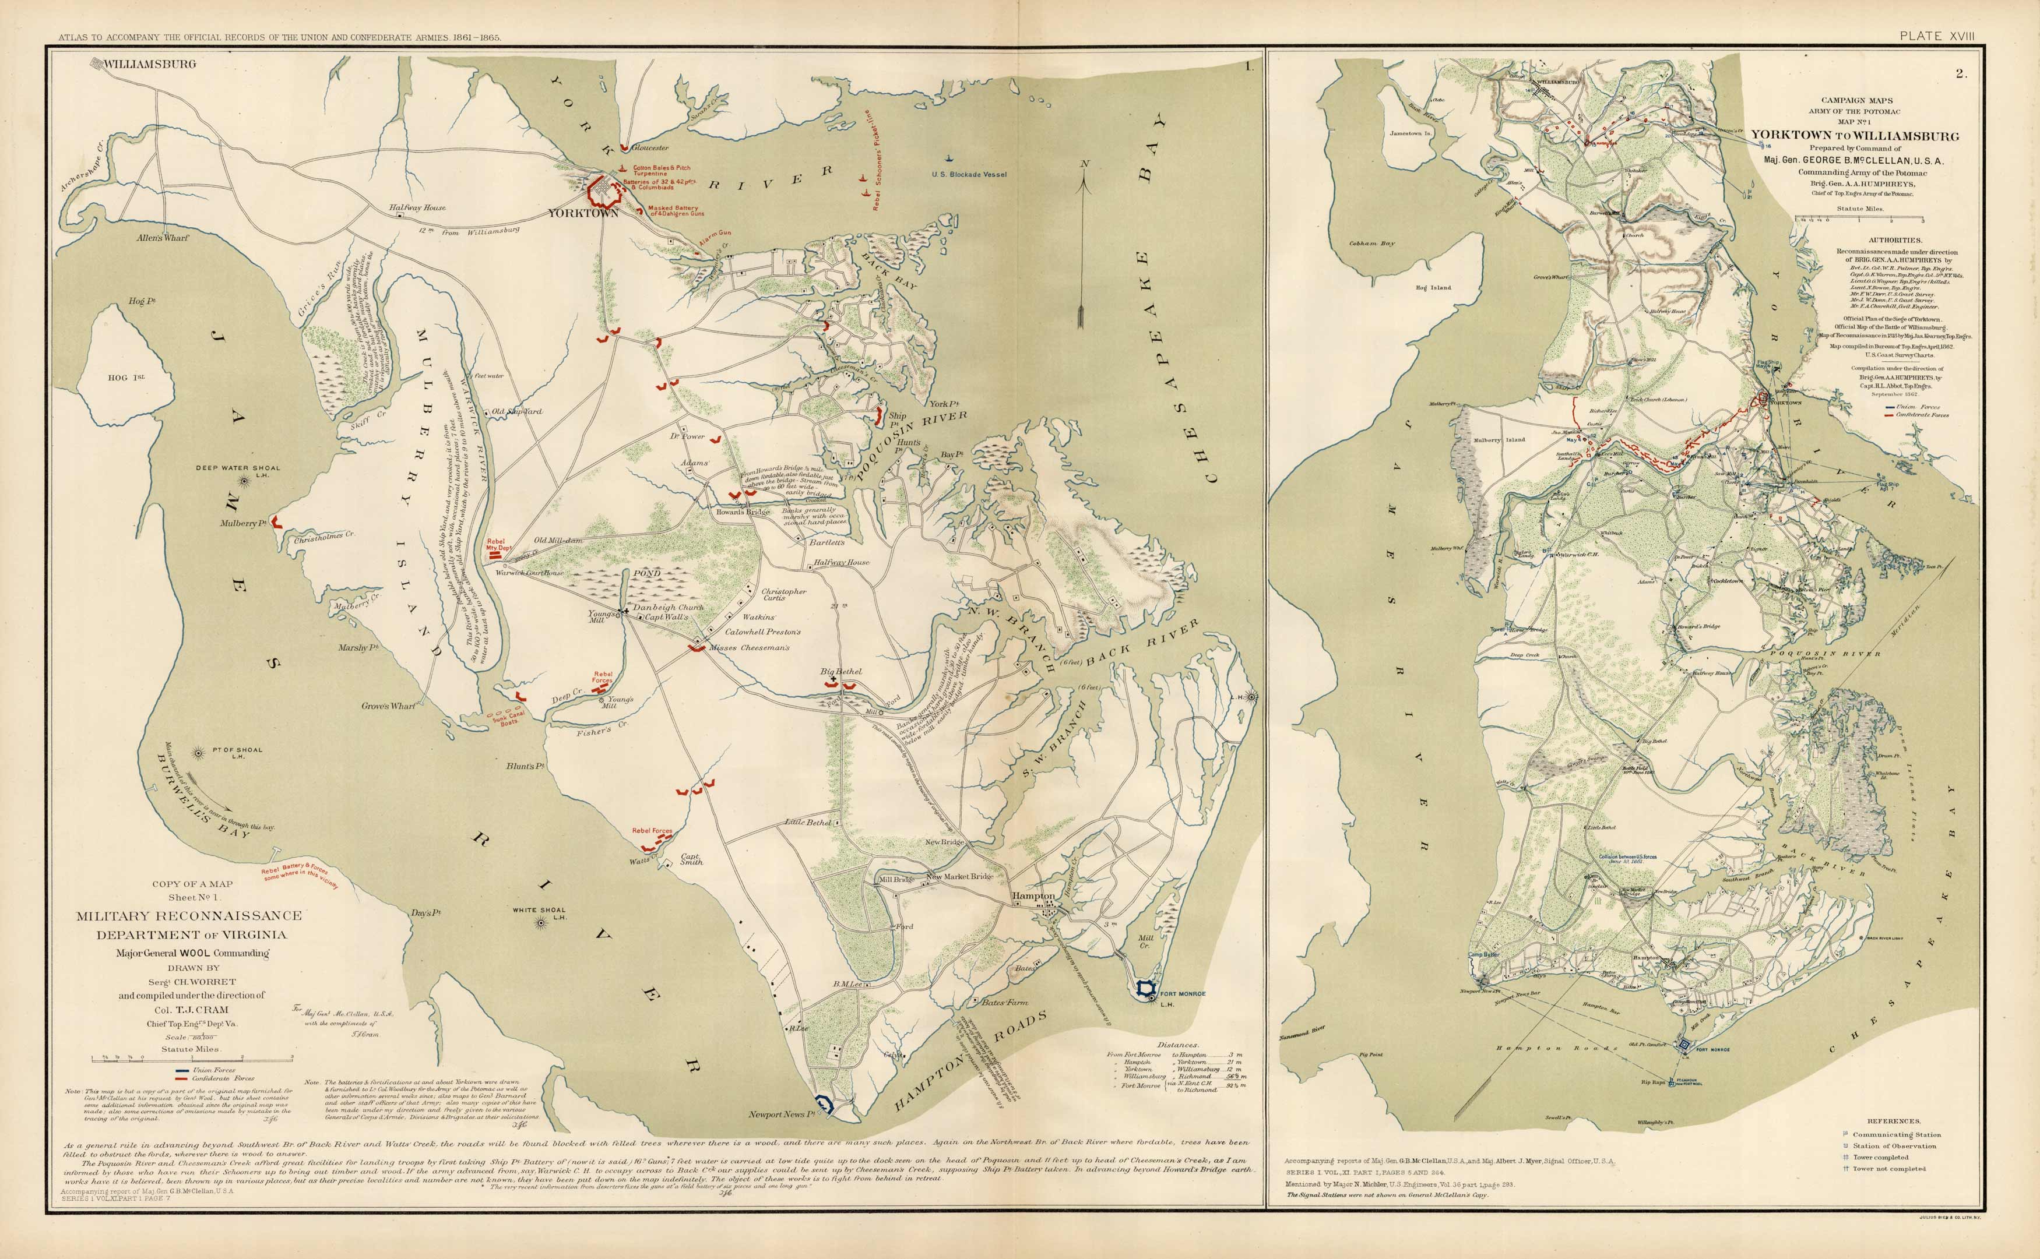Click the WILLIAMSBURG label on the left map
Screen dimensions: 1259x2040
(150, 64)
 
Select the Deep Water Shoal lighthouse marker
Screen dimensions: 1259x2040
(243, 481)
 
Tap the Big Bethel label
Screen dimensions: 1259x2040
(840, 671)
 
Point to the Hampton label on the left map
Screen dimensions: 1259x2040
(1033, 896)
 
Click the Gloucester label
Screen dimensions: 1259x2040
(650, 147)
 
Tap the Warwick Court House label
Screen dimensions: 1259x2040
(530, 573)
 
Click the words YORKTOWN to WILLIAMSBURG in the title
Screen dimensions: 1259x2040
(1854, 136)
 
